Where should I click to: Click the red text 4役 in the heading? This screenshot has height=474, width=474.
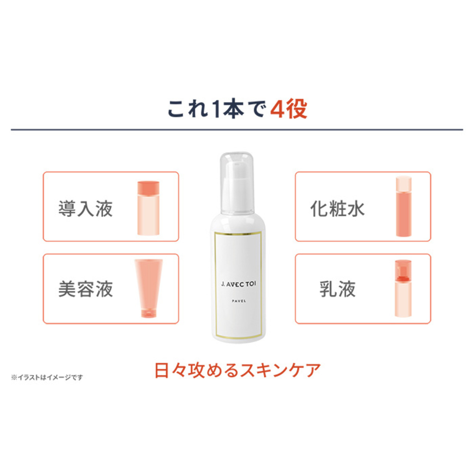289,109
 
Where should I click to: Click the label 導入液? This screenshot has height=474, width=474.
86,209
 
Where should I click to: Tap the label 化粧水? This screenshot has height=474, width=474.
337,209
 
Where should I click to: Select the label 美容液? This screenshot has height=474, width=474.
86,289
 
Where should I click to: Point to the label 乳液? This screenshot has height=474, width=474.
337,289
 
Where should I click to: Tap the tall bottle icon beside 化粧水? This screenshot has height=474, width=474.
404,207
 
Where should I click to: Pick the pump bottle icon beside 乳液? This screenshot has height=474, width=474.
403,288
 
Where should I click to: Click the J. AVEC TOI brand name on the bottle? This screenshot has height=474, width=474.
239,284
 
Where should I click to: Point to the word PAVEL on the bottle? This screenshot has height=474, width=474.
239,301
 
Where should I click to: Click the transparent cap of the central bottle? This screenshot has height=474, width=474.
237,166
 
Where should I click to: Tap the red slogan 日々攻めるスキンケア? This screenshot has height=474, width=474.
237,371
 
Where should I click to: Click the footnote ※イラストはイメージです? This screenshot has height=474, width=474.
47,378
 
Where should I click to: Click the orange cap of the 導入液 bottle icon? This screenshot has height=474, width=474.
149,187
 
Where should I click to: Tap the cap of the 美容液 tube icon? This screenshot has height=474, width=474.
149,314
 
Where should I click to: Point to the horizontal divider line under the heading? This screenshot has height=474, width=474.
237,130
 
